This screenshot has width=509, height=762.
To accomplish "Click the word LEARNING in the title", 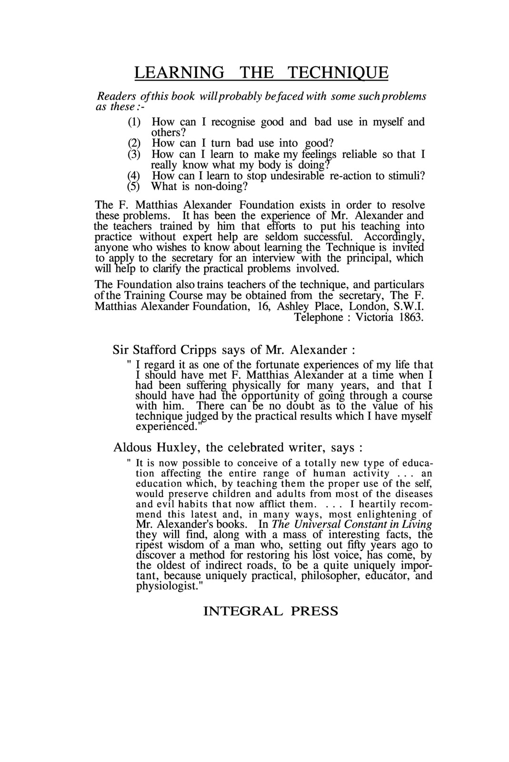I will (x=179, y=72).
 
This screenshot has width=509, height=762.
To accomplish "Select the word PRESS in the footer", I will (x=315, y=611).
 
